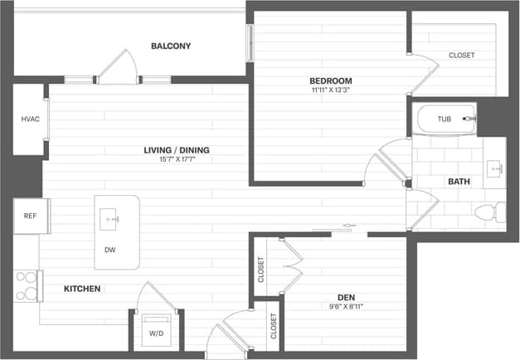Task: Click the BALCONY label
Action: tap(171, 46)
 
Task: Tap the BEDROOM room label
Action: tap(332, 80)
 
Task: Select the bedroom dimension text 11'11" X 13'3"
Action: tap(332, 90)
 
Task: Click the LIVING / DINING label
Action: tap(177, 150)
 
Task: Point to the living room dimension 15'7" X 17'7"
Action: tap(177, 160)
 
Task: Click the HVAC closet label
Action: tap(30, 119)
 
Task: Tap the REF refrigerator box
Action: tap(30, 216)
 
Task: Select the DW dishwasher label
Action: tap(110, 249)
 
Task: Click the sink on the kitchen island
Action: tap(110, 219)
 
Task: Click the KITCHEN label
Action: tap(83, 289)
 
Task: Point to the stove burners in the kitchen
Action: tap(27, 285)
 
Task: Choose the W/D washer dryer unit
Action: tap(155, 332)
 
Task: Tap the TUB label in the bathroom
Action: tap(445, 119)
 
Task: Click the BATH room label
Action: tap(459, 181)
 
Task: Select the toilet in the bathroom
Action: tap(484, 214)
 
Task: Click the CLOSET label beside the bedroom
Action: tap(462, 56)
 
